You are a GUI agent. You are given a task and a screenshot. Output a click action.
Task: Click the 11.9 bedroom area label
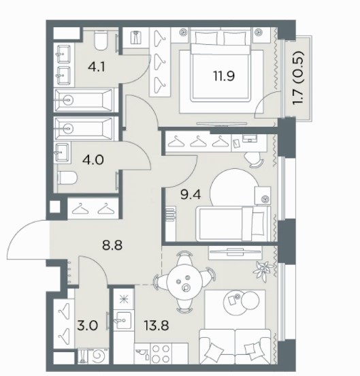pyautogui.click(x=224, y=76)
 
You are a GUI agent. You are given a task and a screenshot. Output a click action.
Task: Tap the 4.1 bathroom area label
pyautogui.click(x=97, y=67)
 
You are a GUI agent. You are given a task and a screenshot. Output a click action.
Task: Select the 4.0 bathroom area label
pyautogui.click(x=93, y=159)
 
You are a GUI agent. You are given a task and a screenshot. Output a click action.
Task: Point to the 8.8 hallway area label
pyautogui.click(x=112, y=245)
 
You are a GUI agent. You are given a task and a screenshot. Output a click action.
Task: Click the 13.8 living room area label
pyautogui.click(x=157, y=326)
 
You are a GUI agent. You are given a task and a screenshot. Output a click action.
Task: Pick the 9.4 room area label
pyautogui.click(x=191, y=195)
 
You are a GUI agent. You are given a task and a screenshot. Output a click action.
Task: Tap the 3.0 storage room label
pyautogui.click(x=88, y=326)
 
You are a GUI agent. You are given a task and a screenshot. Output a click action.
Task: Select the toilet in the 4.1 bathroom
pyautogui.click(x=100, y=41)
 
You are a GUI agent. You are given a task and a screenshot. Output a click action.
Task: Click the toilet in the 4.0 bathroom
pyautogui.click(x=67, y=178)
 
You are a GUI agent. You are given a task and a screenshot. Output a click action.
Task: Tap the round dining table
pyautogui.click(x=184, y=282)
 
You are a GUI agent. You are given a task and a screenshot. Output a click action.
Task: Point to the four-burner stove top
pyautogui.click(x=161, y=354)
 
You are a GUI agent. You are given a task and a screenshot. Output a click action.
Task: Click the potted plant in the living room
pyautogui.click(x=263, y=270)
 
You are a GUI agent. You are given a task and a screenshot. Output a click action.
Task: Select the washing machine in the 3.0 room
pyautogui.click(x=99, y=357)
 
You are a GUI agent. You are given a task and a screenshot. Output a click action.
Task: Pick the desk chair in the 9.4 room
pyautogui.click(x=254, y=159)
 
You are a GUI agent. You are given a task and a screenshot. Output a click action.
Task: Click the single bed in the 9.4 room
pyautogui.click(x=233, y=223)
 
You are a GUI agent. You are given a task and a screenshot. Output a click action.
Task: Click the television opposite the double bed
pyautogui.click(x=222, y=124)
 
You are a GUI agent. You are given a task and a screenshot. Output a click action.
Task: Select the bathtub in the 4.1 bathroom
pyautogui.click(x=84, y=100)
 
